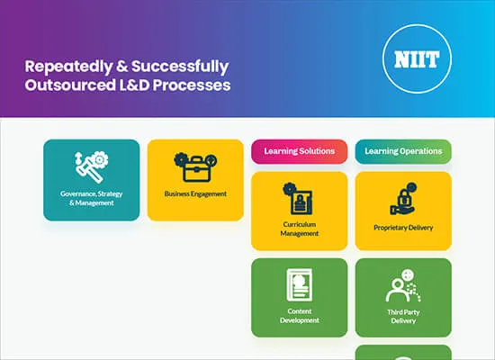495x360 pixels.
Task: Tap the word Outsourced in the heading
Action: click(x=66, y=85)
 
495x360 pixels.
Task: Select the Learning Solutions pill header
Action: click(x=299, y=151)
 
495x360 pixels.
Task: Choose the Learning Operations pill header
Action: click(x=403, y=151)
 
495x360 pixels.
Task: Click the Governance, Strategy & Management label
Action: click(x=92, y=198)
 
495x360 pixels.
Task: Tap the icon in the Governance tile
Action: click(x=91, y=166)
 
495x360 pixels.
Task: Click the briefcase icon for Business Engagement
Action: click(x=194, y=166)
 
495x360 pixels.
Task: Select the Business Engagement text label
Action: click(x=195, y=193)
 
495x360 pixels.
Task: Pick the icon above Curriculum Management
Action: click(x=299, y=198)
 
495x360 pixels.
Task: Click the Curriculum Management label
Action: click(x=300, y=229)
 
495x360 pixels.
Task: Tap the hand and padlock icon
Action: click(x=403, y=199)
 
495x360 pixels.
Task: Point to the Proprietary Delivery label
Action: click(x=403, y=228)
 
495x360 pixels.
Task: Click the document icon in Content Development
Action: click(x=300, y=285)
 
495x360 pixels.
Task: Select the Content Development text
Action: click(x=300, y=315)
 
